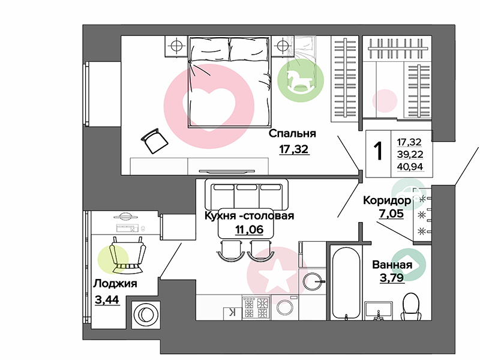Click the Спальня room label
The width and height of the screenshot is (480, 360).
pos(292,134)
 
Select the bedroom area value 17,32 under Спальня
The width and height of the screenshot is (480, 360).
pos(294,149)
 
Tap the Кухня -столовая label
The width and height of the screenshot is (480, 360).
pos(249,215)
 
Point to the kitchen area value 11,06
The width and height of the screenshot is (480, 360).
pos(249,229)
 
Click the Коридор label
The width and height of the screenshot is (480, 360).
pos(387,200)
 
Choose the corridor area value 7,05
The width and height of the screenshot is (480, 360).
pos(391,214)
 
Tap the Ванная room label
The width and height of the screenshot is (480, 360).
pos(392,265)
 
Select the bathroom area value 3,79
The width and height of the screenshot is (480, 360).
pos(392,278)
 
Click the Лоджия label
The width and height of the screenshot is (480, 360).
pos(115,284)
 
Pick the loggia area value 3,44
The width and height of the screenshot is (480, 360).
pos(107,299)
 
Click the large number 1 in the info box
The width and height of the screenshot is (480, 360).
pos(379,151)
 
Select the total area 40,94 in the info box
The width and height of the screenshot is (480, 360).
pos(410,167)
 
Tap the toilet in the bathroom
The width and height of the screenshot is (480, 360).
pos(412,307)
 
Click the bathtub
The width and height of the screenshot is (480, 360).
pos(346,283)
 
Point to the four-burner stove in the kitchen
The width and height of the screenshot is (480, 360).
pos(256,308)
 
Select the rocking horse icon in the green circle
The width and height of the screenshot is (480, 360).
pos(300,81)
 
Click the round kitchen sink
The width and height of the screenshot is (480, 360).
pos(312,281)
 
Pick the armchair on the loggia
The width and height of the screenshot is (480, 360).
pos(127,256)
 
